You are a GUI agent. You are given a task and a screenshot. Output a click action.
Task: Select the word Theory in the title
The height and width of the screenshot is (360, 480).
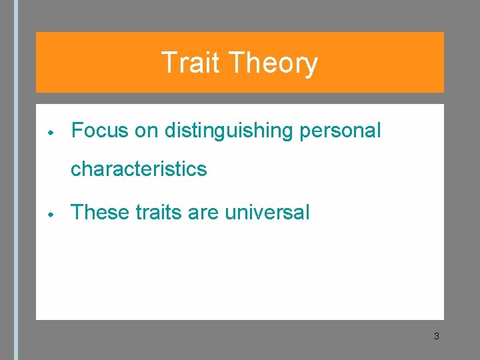click(273, 63)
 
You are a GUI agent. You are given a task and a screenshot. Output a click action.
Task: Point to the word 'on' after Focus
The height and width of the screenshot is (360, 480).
click(146, 131)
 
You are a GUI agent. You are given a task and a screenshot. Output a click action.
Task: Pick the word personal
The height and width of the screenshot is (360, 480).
click(340, 131)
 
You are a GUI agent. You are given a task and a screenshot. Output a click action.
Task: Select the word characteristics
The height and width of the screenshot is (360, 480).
click(139, 169)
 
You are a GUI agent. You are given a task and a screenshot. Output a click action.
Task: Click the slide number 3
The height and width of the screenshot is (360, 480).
click(436, 336)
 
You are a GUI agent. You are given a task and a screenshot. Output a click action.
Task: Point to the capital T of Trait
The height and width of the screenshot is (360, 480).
click(169, 63)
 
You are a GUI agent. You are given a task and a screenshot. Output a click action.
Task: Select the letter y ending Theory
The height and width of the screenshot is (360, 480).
click(310, 65)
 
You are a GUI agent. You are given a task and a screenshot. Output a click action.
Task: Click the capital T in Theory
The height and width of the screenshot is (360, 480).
click(237, 63)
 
